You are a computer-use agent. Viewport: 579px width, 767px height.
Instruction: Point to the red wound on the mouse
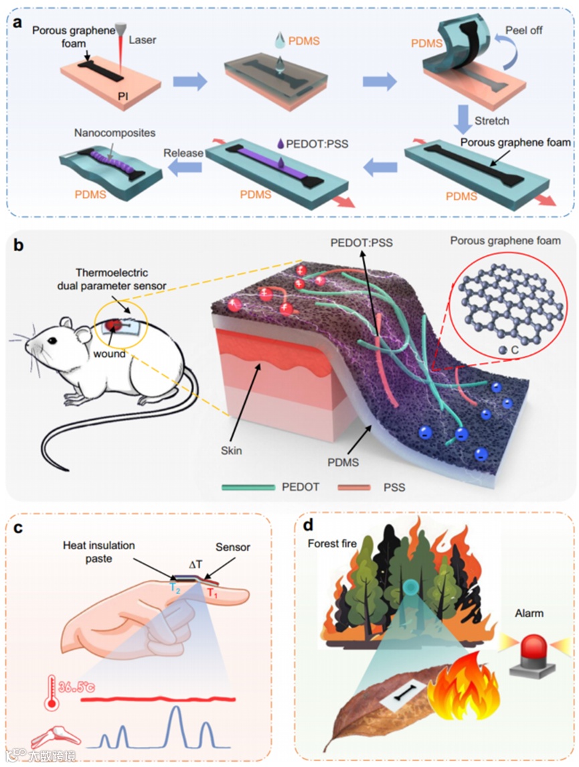click(111, 326)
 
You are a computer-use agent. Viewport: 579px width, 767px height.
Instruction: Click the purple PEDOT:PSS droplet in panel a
click(280, 143)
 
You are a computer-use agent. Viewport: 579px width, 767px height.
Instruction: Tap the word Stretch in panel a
click(491, 121)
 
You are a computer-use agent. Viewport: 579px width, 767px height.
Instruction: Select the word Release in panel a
click(183, 153)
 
